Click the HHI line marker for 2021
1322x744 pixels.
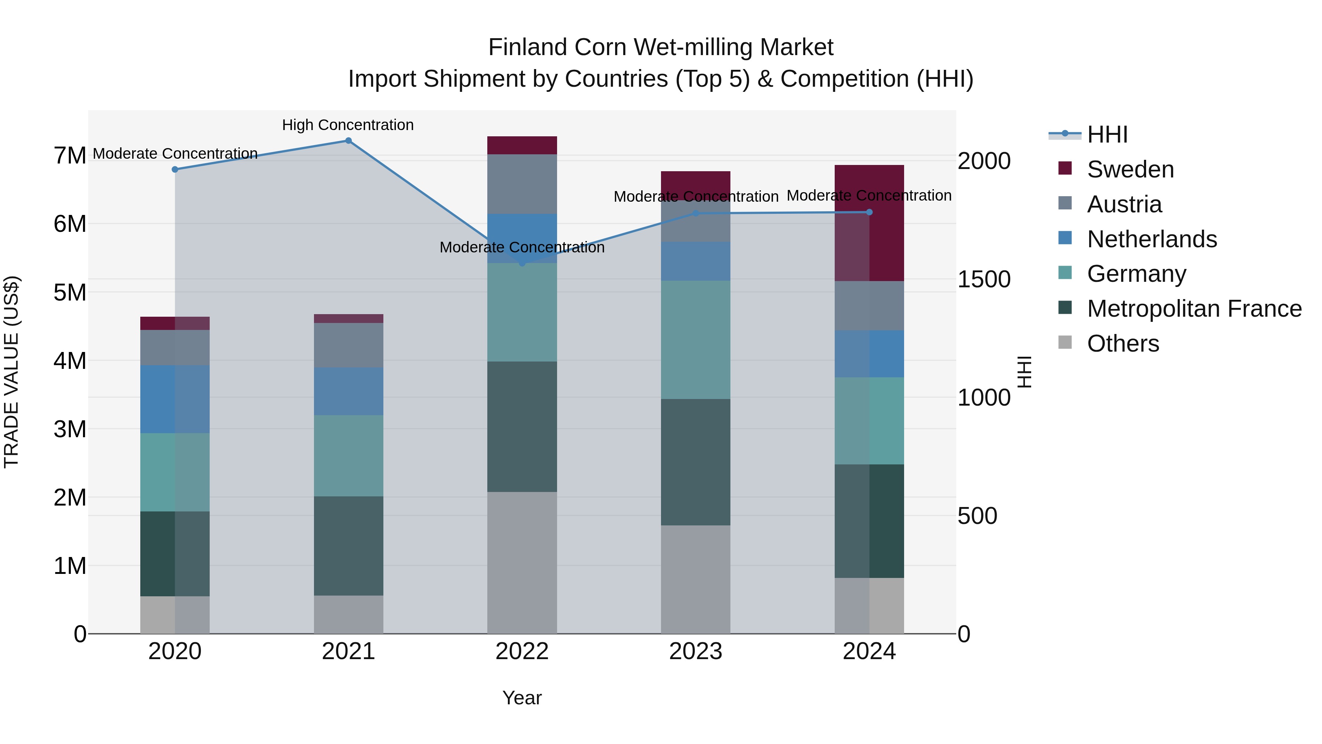pos(348,141)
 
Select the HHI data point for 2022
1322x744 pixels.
pos(523,263)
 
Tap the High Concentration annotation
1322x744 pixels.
pos(348,125)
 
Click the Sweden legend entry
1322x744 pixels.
pos(1130,169)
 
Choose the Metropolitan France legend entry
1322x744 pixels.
pos(1194,309)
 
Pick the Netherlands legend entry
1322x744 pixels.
pos(1152,239)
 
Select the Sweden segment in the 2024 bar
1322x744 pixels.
pos(869,223)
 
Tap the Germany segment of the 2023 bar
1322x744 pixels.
pos(696,339)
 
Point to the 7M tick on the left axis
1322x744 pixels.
pos(70,155)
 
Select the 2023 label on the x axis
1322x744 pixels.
pos(696,651)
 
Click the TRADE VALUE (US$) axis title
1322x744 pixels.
pos(12,372)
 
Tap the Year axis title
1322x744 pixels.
pos(522,698)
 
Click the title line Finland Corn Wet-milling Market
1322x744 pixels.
pos(661,47)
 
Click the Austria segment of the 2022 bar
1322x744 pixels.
pos(522,184)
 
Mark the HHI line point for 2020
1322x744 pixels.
pos(175,169)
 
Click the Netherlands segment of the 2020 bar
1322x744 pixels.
pos(175,399)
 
